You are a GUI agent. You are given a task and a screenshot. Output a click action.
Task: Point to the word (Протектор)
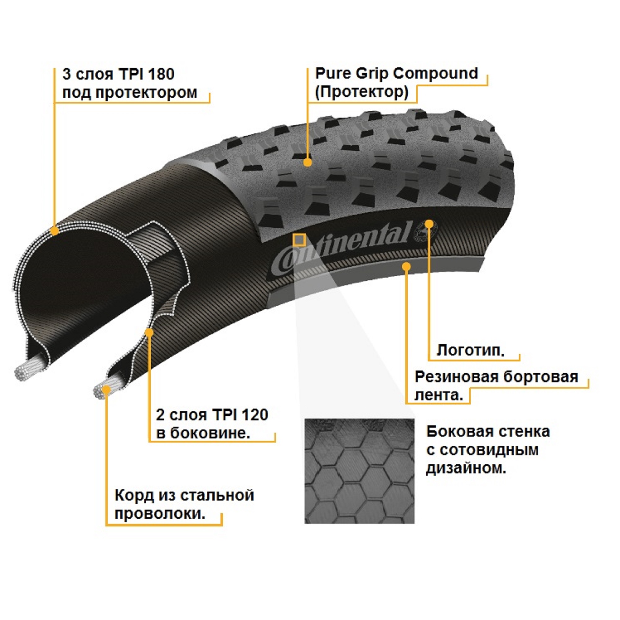[x=362, y=92]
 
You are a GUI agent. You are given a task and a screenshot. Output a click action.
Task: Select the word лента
[x=439, y=395]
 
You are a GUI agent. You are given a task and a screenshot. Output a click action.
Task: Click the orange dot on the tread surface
[x=308, y=162]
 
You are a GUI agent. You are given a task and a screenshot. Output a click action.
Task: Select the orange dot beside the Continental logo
[x=429, y=224]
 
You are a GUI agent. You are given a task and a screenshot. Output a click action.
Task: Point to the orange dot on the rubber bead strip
[x=406, y=266]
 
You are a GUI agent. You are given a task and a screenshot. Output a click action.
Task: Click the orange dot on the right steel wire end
[x=106, y=390]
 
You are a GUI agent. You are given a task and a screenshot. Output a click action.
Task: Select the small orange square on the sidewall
[x=299, y=240]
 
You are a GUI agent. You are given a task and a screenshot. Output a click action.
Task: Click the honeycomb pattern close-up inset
[x=359, y=471]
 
